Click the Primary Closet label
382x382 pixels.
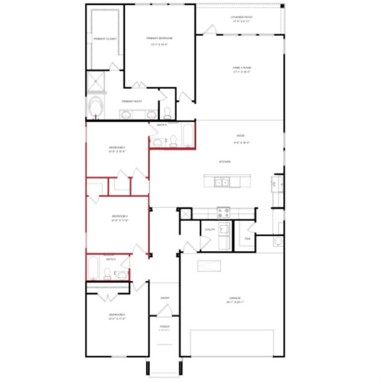point(105,39)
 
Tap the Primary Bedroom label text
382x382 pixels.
point(159,38)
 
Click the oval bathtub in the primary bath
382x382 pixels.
point(95,107)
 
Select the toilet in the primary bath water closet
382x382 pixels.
point(168,112)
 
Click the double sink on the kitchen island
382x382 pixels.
point(221,183)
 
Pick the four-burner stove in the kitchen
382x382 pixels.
point(223,212)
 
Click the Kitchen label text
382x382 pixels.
point(224,162)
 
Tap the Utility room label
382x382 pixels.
point(209,229)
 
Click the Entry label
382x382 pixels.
point(165,298)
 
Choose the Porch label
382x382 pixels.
point(165,327)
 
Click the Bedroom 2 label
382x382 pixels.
point(117,315)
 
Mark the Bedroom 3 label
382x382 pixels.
point(117,148)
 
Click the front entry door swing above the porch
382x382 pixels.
point(165,310)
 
